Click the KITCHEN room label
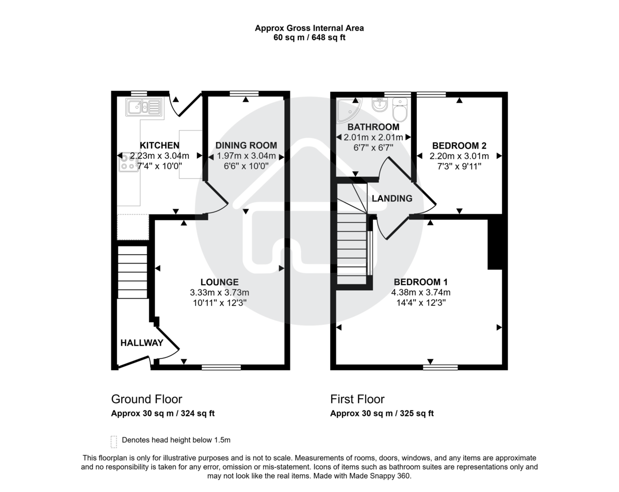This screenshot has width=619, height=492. [159, 145]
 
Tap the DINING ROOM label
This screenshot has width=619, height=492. [246, 145]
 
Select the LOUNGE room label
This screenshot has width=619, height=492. [219, 282]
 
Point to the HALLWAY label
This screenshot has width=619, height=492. [142, 343]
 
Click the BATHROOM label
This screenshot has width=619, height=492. [373, 127]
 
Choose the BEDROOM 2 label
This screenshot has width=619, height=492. [459, 145]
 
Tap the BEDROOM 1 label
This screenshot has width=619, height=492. [420, 282]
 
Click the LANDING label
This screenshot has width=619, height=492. [392, 199]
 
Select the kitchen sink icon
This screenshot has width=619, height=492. [144, 107]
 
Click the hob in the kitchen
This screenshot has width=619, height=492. [127, 163]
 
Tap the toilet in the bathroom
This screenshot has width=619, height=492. [400, 109]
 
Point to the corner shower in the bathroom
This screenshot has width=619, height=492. [348, 109]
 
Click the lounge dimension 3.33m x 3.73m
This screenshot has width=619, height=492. [219, 292]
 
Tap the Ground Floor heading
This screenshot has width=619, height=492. [146, 399]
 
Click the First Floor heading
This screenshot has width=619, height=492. [357, 399]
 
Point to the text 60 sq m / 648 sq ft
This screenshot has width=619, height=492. [309, 38]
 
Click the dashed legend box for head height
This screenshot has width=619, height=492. [113, 441]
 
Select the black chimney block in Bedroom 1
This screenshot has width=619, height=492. [494, 242]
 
